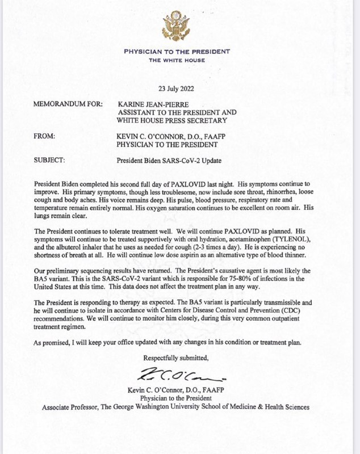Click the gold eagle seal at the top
(180, 26)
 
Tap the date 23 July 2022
(179, 87)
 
